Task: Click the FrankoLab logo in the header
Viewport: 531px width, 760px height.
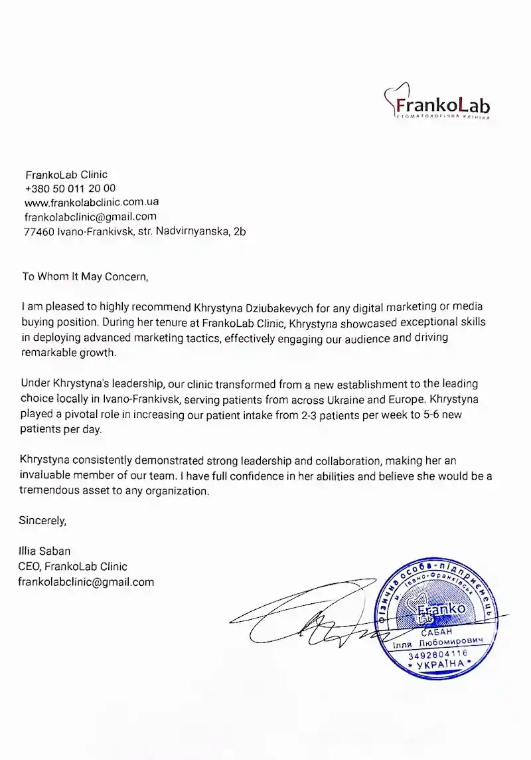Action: click(x=440, y=105)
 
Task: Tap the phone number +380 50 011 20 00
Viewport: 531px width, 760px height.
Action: click(x=70, y=189)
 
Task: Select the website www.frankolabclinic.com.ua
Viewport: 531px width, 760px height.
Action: click(x=91, y=202)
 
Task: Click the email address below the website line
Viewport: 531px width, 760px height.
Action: click(x=90, y=217)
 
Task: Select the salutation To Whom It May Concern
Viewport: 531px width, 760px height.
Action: click(x=83, y=276)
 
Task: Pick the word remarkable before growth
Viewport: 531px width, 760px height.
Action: click(x=48, y=353)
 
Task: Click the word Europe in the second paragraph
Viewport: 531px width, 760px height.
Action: click(x=420, y=399)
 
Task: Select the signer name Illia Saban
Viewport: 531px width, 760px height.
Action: click(x=46, y=551)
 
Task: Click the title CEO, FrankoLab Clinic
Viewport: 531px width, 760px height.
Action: click(x=74, y=566)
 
